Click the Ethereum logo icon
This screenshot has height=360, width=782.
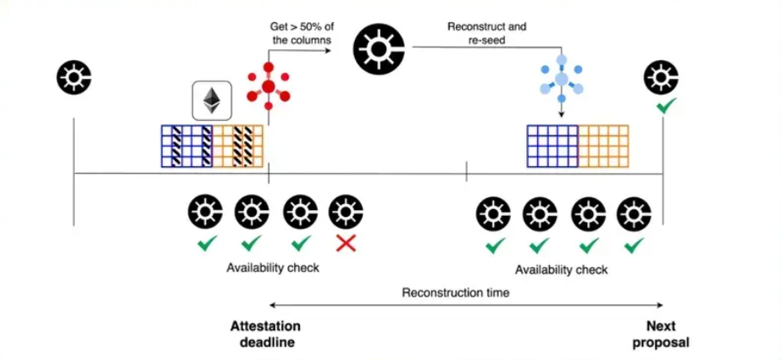[x=208, y=101]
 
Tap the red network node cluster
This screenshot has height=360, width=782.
[x=268, y=86]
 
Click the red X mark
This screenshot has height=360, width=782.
[x=345, y=244]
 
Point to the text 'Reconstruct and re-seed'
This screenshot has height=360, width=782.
[x=486, y=33]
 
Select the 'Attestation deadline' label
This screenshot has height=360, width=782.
[x=265, y=335]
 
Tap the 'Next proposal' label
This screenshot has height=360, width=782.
[x=667, y=335]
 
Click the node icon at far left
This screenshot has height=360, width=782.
[x=74, y=78]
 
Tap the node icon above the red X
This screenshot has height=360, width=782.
[x=345, y=211]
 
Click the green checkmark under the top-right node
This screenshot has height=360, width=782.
[x=665, y=108]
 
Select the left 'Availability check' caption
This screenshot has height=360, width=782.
[x=272, y=268]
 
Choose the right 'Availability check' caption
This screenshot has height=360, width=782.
[x=562, y=270]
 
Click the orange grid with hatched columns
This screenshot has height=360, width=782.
[x=238, y=145]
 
